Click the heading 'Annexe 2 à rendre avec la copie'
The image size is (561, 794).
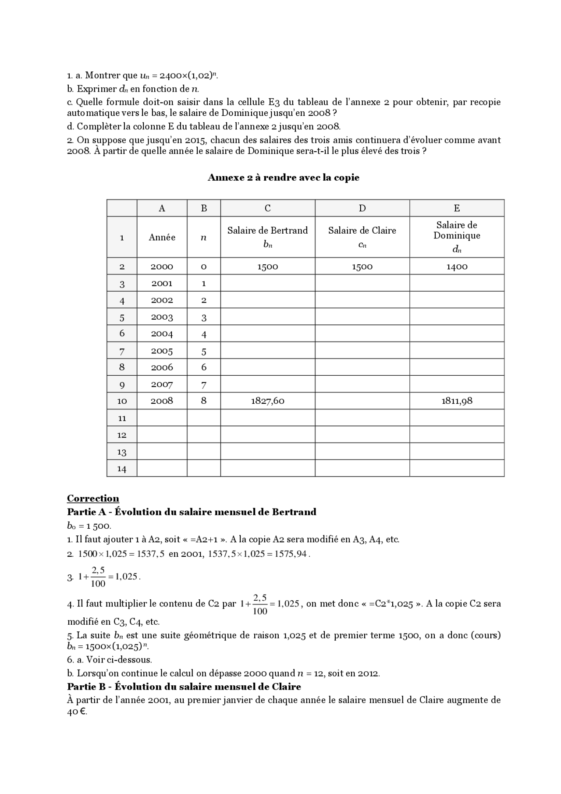click(283, 178)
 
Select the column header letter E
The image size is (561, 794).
click(457, 208)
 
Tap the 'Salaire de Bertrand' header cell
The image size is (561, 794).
click(267, 237)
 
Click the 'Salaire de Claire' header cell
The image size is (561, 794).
click(362, 237)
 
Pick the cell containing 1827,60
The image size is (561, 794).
click(267, 401)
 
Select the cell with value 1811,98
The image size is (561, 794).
click(457, 401)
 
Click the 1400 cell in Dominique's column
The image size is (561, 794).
click(457, 267)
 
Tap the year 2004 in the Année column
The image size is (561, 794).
click(162, 334)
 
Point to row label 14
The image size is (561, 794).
click(122, 469)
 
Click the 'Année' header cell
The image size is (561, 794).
click(162, 237)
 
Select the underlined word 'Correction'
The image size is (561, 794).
click(93, 498)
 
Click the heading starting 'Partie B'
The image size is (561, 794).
click(184, 686)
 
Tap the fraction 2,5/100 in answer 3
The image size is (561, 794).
click(98, 577)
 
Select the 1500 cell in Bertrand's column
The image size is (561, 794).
click(267, 267)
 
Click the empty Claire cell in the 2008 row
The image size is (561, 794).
click(362, 401)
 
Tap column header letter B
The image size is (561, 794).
click(204, 208)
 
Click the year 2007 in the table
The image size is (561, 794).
click(162, 385)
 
